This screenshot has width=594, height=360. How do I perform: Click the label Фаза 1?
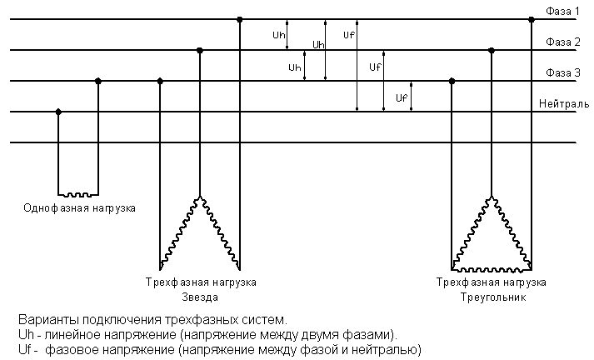(x=562, y=11)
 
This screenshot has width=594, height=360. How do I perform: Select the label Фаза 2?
(x=562, y=42)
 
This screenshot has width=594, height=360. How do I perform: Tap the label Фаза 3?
(x=562, y=72)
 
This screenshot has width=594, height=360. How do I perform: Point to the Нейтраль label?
(x=564, y=103)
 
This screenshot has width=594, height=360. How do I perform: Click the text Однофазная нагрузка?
(x=79, y=208)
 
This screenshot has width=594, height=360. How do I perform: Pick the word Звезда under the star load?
(x=200, y=297)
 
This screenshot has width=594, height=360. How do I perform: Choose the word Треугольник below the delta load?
(x=493, y=297)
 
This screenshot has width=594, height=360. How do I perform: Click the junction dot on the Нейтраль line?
(x=58, y=112)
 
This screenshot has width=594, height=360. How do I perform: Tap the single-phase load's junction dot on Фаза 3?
(x=98, y=81)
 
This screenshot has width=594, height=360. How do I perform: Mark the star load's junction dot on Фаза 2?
(x=200, y=50)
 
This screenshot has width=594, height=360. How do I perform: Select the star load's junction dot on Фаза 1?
(x=239, y=19)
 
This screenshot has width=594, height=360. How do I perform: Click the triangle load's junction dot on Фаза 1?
(x=532, y=19)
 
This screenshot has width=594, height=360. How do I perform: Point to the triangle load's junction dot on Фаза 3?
(x=452, y=81)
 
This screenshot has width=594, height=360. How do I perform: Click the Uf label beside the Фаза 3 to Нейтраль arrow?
(x=402, y=97)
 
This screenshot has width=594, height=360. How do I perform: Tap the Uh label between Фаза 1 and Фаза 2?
(x=279, y=35)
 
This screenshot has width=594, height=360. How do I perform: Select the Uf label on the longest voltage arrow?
(x=349, y=35)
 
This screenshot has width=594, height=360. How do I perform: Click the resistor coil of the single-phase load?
(x=78, y=195)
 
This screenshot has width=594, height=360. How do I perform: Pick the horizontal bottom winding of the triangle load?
(x=492, y=270)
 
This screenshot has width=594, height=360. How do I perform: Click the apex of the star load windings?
(x=200, y=197)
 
